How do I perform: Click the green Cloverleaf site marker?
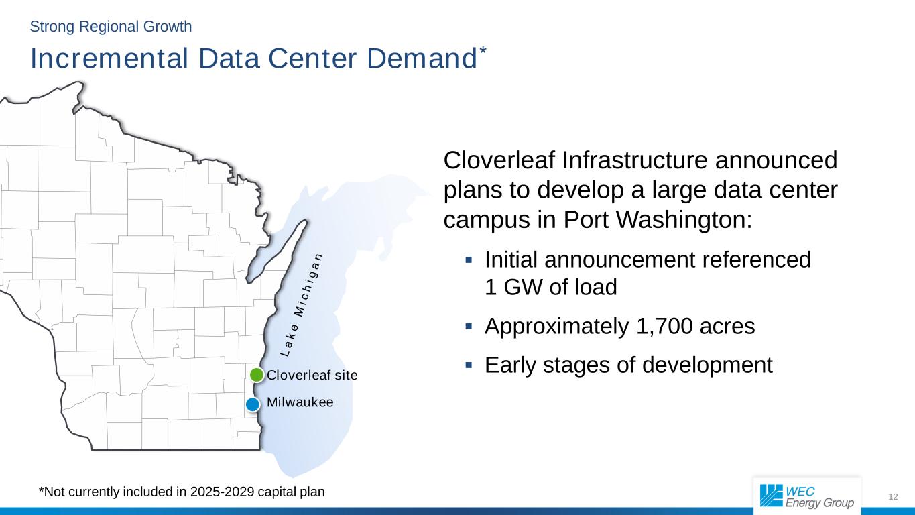coord(257,374)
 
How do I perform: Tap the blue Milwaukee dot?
coord(253,404)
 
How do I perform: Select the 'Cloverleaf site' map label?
coord(312,375)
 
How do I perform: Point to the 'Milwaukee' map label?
coord(300,402)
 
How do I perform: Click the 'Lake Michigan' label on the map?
coord(302,305)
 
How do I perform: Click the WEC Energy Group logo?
coord(807,496)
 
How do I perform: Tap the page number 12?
coord(893,497)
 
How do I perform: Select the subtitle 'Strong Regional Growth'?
coord(111,27)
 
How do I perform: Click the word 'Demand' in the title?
coord(422,58)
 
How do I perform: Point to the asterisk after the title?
coord(483,50)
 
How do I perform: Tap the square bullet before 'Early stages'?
coord(469,365)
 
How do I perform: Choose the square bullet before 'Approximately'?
coord(469,326)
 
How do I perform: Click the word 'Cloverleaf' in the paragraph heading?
coord(499,160)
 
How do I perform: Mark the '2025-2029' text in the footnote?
coord(223,492)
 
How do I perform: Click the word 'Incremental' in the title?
coord(109,58)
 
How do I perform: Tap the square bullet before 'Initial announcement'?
coord(469,260)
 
